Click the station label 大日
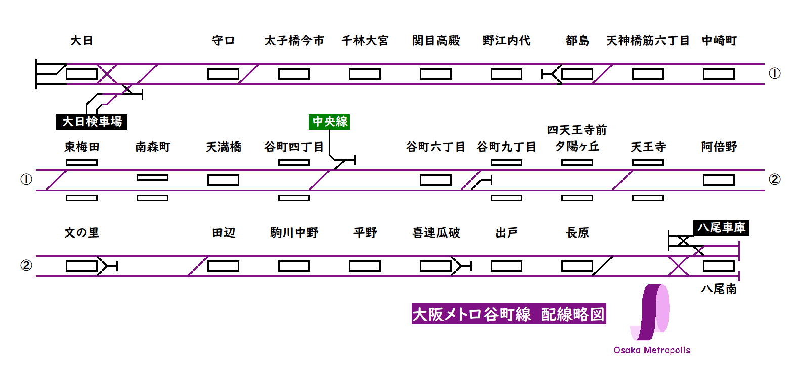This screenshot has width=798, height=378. pyautogui.click(x=81, y=41)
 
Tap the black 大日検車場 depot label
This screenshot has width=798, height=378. pyautogui.click(x=92, y=122)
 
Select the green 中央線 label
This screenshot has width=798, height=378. pyautogui.click(x=330, y=122)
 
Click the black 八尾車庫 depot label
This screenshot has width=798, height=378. pyautogui.click(x=721, y=228)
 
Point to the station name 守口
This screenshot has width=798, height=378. pyautogui.click(x=223, y=41)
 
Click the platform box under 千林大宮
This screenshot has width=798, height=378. pyautogui.click(x=365, y=74)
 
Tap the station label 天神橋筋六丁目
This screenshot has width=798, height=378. pyautogui.click(x=648, y=41)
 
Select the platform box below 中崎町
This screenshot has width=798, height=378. pyautogui.click(x=719, y=74)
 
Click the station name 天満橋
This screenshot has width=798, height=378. pyautogui.click(x=223, y=147)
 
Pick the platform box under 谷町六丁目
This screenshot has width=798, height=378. pyautogui.click(x=435, y=180)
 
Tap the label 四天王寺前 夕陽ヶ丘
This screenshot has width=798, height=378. pyautogui.click(x=577, y=138)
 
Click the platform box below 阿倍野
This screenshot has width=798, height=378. pyautogui.click(x=719, y=180)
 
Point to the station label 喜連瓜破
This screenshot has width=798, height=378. pyautogui.click(x=436, y=233)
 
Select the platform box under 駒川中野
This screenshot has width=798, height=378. pyautogui.click(x=294, y=266)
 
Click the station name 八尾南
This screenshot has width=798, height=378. pyautogui.click(x=719, y=289)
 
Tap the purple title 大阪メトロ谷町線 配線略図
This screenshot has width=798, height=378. pyautogui.click(x=508, y=314)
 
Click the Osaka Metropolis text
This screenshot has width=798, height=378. pyautogui.click(x=652, y=350)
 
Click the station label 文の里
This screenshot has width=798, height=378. pyautogui.click(x=81, y=233)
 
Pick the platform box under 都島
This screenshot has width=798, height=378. pyautogui.click(x=577, y=74)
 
